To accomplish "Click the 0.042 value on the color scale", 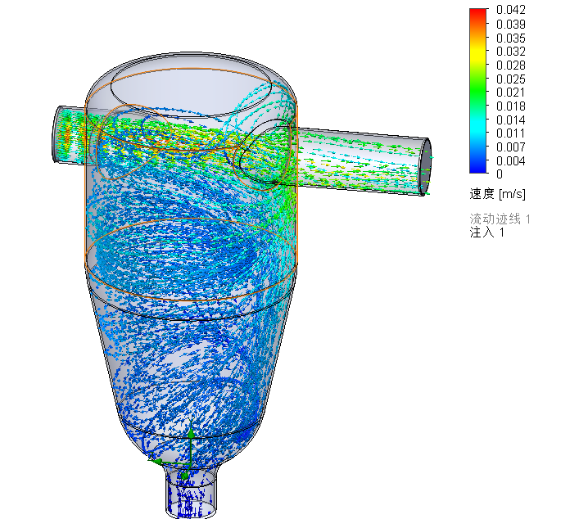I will (510, 10).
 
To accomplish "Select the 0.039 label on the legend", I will (510, 24).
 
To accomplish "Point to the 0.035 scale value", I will (510, 38).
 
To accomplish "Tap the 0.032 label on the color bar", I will (510, 51).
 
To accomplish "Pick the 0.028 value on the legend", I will (510, 65).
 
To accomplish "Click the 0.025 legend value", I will (510, 79).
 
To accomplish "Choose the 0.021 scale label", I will (510, 92).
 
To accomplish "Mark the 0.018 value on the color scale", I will (510, 106).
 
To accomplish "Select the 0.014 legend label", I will (510, 120).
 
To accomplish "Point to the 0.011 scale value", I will (510, 133).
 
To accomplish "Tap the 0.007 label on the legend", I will (510, 147).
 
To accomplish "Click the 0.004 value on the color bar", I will (510, 160).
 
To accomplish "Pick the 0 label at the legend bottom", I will (500, 174).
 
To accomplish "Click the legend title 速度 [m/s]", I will (497, 194).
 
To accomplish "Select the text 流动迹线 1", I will (500, 219).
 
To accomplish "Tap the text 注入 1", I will (487, 232).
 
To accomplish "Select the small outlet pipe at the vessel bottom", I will (190, 491).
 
